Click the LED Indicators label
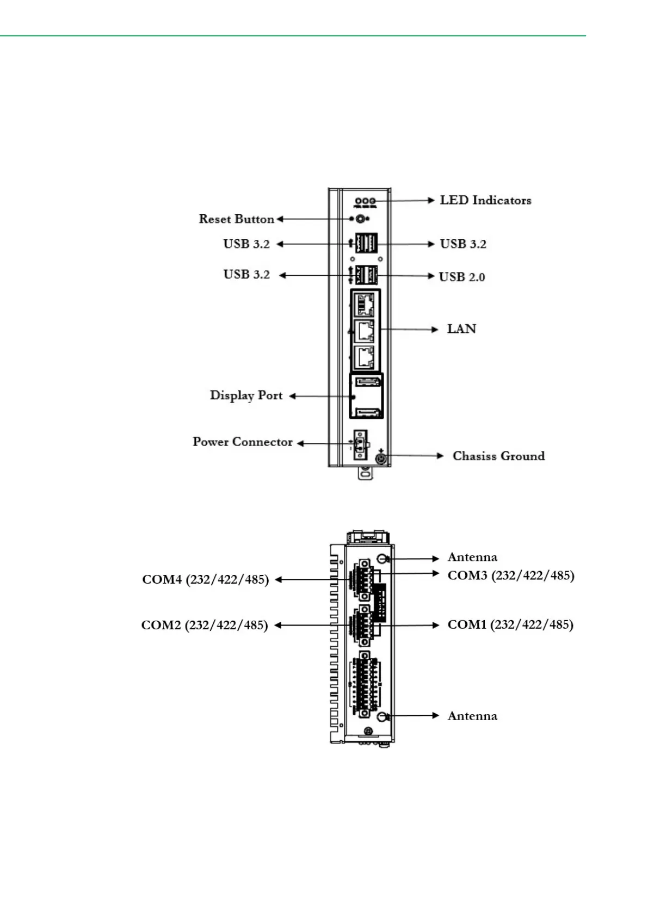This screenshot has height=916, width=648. tap(485, 200)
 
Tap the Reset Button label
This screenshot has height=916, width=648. tap(237, 219)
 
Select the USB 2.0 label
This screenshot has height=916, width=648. tap(462, 277)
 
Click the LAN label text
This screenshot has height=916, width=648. tap(461, 329)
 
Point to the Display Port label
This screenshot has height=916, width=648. tap(246, 396)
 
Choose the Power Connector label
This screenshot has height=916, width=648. tap(243, 442)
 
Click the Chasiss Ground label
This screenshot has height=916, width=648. tap(499, 456)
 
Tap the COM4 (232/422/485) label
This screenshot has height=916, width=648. tap(205, 579)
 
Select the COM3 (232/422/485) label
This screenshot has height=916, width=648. tap(511, 575)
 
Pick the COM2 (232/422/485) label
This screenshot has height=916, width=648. tap(205, 625)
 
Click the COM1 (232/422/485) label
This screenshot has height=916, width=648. tap(510, 624)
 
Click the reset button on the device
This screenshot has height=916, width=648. tap(360, 219)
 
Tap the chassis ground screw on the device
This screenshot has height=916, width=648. tap(381, 459)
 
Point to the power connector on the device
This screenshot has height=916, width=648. tap(360, 445)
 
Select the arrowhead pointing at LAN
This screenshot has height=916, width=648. tap(435, 330)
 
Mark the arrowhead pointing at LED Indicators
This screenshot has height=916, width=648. tap(431, 200)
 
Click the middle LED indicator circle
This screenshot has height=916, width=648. tap(365, 201)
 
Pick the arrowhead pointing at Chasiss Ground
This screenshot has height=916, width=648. tap(440, 455)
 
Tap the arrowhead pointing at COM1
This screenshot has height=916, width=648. tap(436, 625)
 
